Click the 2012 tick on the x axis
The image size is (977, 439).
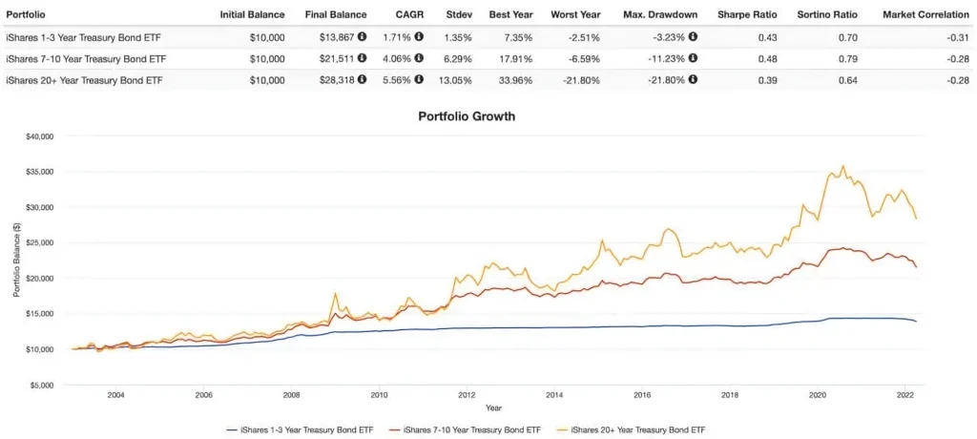[x=467, y=393]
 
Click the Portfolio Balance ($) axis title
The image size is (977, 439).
[x=16, y=260]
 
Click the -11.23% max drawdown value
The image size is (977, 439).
[x=660, y=59]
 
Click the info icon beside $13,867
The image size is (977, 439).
[x=363, y=37]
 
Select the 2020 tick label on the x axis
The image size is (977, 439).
[x=818, y=393]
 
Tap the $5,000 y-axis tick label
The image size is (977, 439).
[x=43, y=385]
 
